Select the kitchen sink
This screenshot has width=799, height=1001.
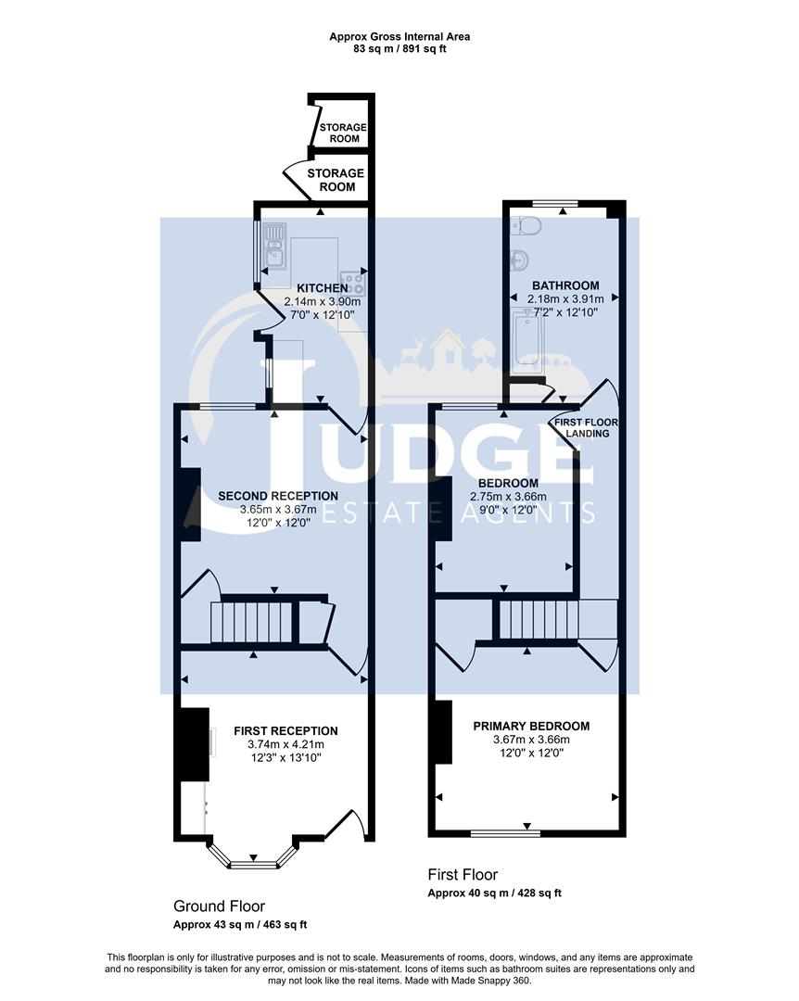[x=274, y=248]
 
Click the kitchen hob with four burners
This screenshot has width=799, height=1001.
[x=352, y=281]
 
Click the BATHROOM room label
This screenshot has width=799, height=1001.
[x=564, y=285]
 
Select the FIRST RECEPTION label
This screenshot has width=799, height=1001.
[x=285, y=730]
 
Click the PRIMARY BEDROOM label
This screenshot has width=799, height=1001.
[x=531, y=726]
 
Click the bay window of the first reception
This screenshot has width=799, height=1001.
[x=253, y=863]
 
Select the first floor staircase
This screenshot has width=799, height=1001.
[x=537, y=618]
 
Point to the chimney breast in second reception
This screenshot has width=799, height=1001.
[x=189, y=503]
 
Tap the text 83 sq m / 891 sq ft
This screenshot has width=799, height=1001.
[x=399, y=49]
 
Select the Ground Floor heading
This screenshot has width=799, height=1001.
[x=219, y=906]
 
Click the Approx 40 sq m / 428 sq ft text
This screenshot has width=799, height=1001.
[x=494, y=893]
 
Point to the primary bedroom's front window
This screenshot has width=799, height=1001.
[x=504, y=833]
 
